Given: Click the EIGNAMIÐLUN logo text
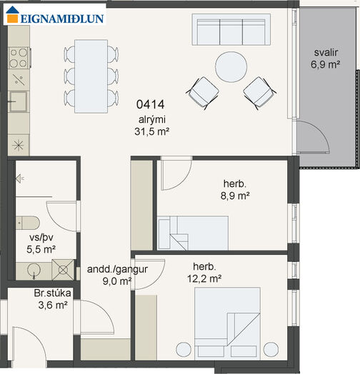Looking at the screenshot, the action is pos(62,19).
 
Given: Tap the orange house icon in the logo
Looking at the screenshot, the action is pos(12,14).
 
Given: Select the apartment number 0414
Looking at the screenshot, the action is pos(151,104).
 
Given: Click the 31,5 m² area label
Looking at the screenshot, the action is pos(152,131).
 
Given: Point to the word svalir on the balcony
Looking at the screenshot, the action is pos(326,53).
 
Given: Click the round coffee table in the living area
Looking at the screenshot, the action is pos(231,67).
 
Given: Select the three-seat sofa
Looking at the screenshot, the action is pos(231,29).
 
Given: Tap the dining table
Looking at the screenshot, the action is pos(91,76).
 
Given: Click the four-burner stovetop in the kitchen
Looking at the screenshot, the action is pos(19,58).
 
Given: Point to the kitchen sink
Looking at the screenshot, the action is pos(18,101).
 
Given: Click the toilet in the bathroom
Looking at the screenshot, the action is pos(28,223).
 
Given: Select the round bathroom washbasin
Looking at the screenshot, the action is pos(34,271).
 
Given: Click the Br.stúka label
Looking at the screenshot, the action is pos(53,293).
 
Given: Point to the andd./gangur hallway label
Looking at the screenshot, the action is pos(117,269).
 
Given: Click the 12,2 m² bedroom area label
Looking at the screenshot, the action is pos(204,278).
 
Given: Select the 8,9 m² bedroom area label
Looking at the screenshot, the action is pos(235,196).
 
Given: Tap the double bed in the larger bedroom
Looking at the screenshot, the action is pos(227,323).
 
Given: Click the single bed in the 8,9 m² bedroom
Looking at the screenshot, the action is pos(193,233).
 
